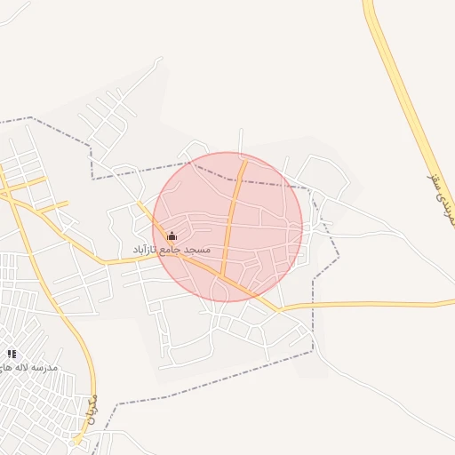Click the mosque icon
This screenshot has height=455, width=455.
[172, 236]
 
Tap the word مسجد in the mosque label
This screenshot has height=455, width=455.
[196, 250]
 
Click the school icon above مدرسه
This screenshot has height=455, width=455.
[12, 354]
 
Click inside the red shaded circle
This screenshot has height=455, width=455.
[258, 213]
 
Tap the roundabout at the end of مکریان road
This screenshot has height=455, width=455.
[78, 440]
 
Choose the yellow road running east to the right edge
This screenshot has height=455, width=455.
[373, 305]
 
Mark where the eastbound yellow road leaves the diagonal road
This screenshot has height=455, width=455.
[277, 309]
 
